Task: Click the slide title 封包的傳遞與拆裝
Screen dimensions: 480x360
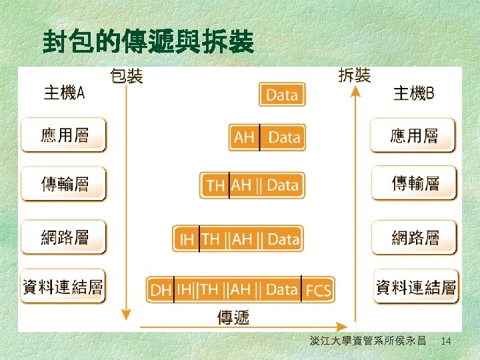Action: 147,42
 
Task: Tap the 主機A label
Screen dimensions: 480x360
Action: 64,93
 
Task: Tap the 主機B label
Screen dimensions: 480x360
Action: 413,93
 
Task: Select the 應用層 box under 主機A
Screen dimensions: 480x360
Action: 64,135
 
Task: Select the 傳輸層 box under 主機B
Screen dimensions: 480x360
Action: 414,183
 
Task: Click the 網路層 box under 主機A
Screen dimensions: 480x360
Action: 64,236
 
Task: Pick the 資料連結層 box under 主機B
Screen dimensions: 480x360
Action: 415,287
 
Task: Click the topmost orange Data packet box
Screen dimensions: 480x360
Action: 282,95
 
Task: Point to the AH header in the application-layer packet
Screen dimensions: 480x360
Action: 244,137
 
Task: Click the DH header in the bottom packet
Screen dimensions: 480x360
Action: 160,290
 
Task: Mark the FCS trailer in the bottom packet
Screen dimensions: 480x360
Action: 317,290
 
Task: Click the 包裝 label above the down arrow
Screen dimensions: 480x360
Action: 126,76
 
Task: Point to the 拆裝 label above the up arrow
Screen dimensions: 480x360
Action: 354,75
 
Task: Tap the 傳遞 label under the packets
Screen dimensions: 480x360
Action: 233,317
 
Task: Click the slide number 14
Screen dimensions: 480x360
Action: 446,341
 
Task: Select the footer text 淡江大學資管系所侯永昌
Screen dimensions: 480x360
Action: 367,341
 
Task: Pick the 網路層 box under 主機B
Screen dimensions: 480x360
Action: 414,236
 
